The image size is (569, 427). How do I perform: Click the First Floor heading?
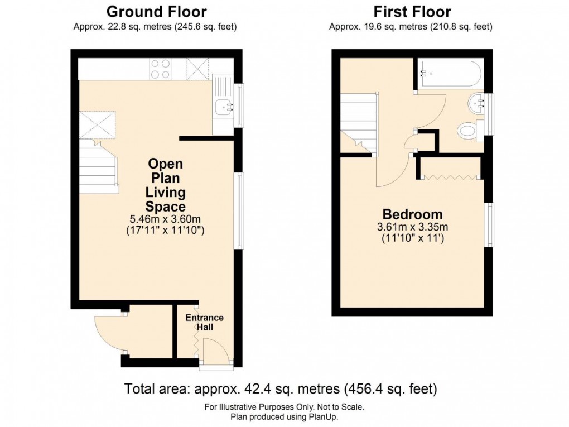click(x=412, y=12)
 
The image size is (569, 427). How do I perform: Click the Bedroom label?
click(x=412, y=214)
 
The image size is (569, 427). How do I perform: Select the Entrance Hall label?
click(x=204, y=322)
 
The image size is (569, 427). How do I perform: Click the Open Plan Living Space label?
click(x=165, y=185)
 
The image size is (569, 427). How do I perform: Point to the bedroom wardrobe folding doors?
click(x=450, y=177)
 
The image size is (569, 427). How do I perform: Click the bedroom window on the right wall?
click(x=489, y=224)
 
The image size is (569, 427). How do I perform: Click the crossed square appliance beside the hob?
click(x=197, y=69)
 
